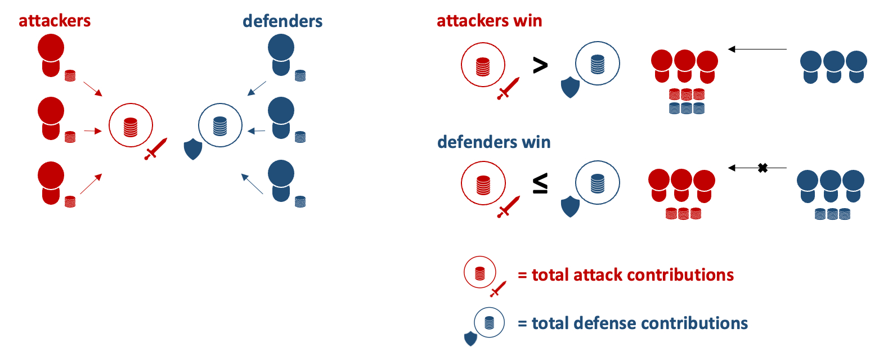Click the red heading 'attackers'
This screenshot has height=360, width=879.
(55, 21)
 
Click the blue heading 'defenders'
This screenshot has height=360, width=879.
(282, 21)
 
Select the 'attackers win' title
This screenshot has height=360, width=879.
(490, 21)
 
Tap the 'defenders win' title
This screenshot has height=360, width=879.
(494, 142)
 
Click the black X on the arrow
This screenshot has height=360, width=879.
(763, 168)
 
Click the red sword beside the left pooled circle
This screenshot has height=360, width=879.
(155, 148)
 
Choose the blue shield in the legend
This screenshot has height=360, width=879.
(470, 339)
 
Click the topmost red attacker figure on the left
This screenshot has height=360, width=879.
(51, 55)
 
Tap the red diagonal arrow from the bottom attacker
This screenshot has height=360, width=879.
(91, 184)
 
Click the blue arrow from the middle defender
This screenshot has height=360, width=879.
(257, 132)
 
